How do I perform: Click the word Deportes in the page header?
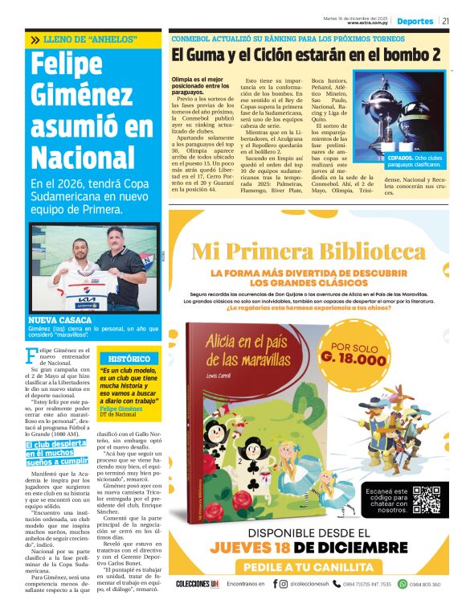[x=415, y=19]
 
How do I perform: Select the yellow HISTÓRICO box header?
[x=129, y=358]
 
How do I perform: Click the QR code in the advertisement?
[x=424, y=499]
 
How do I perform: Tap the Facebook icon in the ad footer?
[x=274, y=583]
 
